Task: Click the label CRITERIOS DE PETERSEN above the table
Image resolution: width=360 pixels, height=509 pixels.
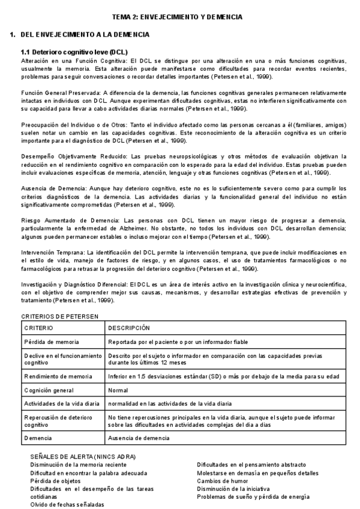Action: point(59,316)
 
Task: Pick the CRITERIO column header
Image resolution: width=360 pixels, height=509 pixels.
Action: point(39,328)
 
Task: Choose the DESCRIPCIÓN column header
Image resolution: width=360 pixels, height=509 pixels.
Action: point(129,328)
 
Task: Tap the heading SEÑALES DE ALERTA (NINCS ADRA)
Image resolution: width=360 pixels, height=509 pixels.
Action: point(83,457)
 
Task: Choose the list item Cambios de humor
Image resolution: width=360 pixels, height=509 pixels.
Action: point(224,481)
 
